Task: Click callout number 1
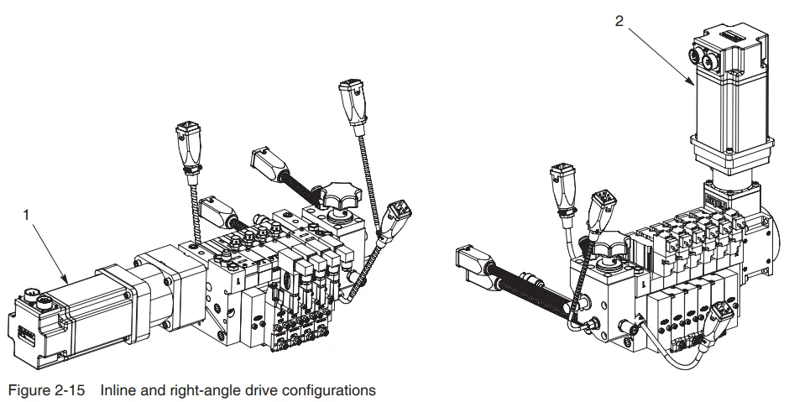point(26,216)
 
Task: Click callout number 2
point(619,21)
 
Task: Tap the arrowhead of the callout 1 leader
point(65,280)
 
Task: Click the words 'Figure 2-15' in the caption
point(46,390)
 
